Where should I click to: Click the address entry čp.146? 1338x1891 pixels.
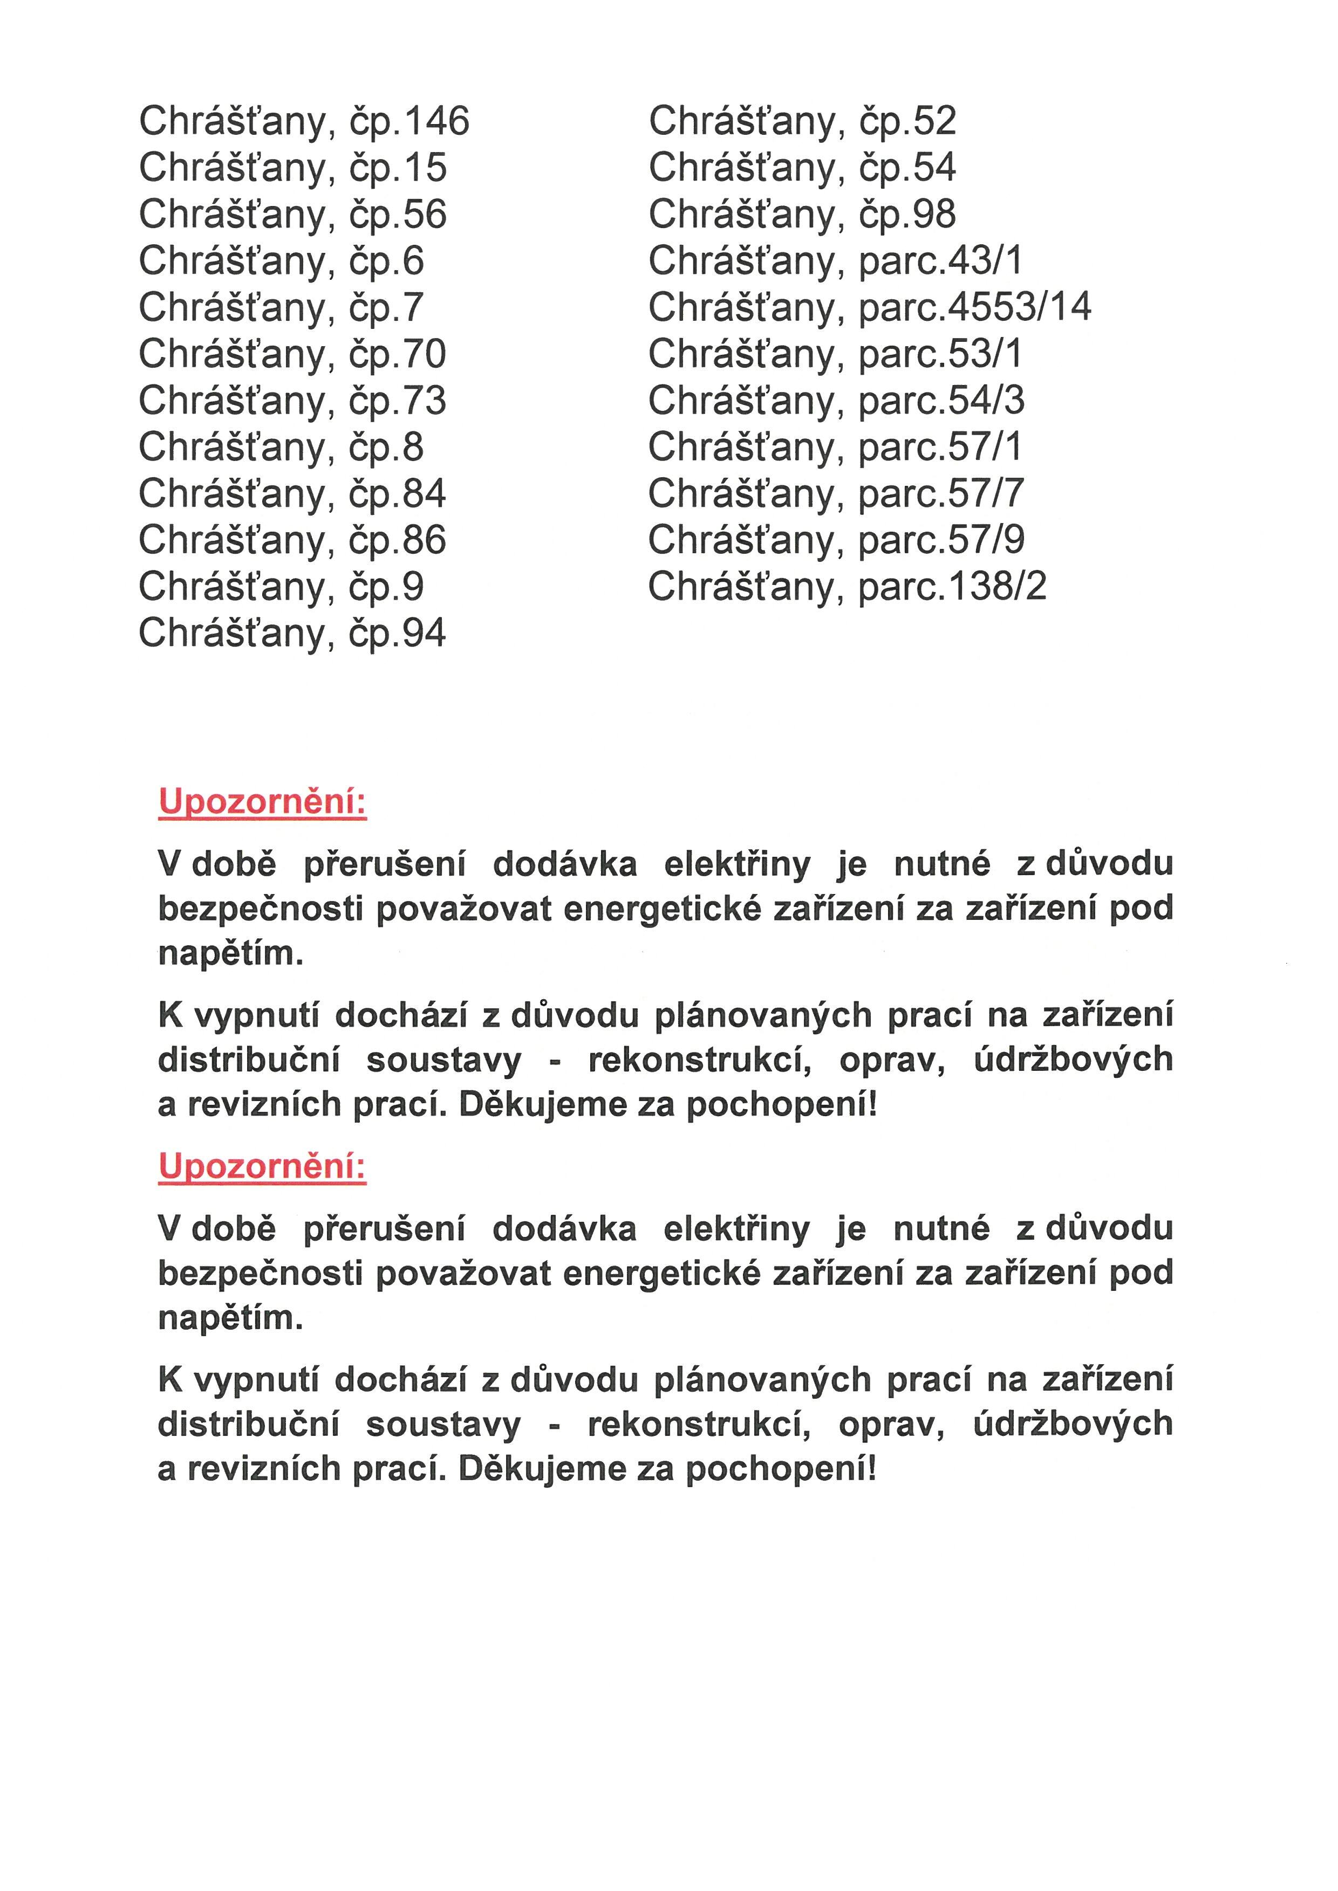click(303, 122)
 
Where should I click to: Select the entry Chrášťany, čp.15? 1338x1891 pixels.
click(292, 168)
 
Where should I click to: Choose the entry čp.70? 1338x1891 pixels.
click(292, 355)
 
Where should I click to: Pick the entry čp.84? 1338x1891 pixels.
click(292, 494)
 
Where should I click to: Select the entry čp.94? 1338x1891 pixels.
click(292, 634)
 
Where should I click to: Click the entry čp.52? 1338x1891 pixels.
click(802, 122)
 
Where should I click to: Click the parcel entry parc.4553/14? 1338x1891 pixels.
click(869, 308)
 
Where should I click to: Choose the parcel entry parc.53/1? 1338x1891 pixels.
click(835, 355)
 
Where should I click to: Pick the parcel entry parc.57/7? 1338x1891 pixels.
click(836, 494)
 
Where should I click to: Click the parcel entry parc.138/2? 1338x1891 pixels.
click(847, 587)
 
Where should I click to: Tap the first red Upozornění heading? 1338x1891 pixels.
click(262, 801)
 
